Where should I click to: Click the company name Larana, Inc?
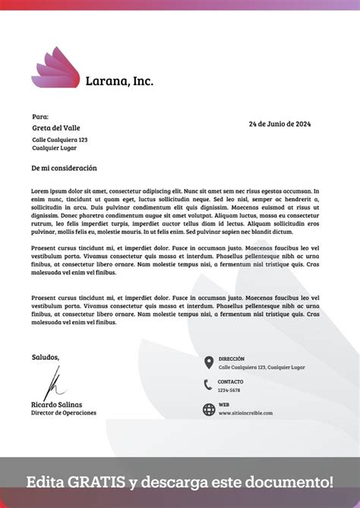point(119,80)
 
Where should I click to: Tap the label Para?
point(40,117)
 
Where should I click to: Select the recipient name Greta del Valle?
point(55,128)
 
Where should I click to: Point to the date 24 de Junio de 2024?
point(279,124)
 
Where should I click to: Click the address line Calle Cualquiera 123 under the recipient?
point(59,140)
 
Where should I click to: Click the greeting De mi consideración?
point(64,168)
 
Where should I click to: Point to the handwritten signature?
point(54,383)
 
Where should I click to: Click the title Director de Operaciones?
point(64,413)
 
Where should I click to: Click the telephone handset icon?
point(208,385)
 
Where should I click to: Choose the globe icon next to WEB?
point(209,409)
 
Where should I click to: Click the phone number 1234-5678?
point(229,390)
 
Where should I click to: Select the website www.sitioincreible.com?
point(245,414)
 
